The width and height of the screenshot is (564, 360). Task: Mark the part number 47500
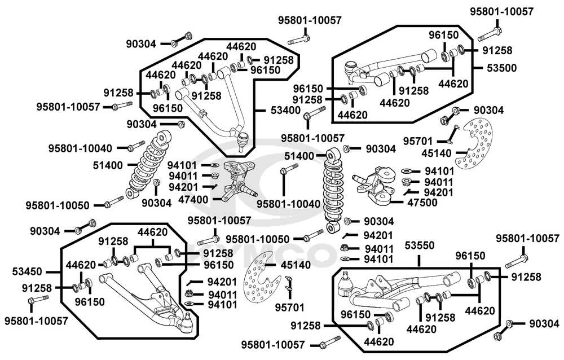pos(421,203)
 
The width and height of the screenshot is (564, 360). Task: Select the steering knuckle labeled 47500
pos(377,185)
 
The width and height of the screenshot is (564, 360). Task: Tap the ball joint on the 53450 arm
pos(188,322)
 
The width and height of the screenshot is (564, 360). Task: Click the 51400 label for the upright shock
pos(299,156)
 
